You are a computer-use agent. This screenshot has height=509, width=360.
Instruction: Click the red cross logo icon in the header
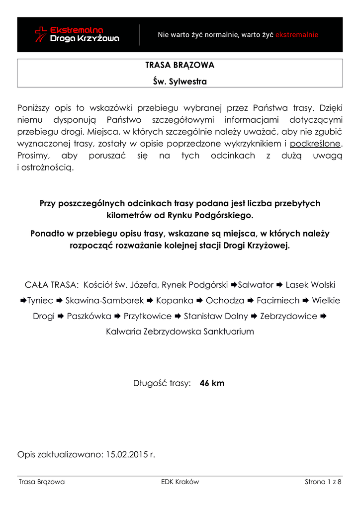41,34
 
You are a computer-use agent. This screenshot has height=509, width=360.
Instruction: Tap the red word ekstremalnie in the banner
297,35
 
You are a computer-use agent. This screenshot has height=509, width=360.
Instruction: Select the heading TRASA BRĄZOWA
180,66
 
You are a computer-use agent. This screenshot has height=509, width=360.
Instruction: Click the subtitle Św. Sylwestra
180,82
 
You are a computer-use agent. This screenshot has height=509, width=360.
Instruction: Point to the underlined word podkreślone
316,144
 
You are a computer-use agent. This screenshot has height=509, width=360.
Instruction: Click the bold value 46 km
212,383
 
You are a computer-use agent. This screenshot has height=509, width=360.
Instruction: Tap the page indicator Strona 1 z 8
323,482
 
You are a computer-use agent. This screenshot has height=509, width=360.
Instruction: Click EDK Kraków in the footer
180,482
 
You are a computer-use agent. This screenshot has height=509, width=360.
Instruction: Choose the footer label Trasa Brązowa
42,482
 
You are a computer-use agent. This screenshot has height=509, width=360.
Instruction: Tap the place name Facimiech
278,301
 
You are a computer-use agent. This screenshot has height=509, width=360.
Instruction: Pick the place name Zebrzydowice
288,316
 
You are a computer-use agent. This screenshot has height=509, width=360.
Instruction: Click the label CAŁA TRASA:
51,285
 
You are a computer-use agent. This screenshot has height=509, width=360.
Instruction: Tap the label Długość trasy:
162,383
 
